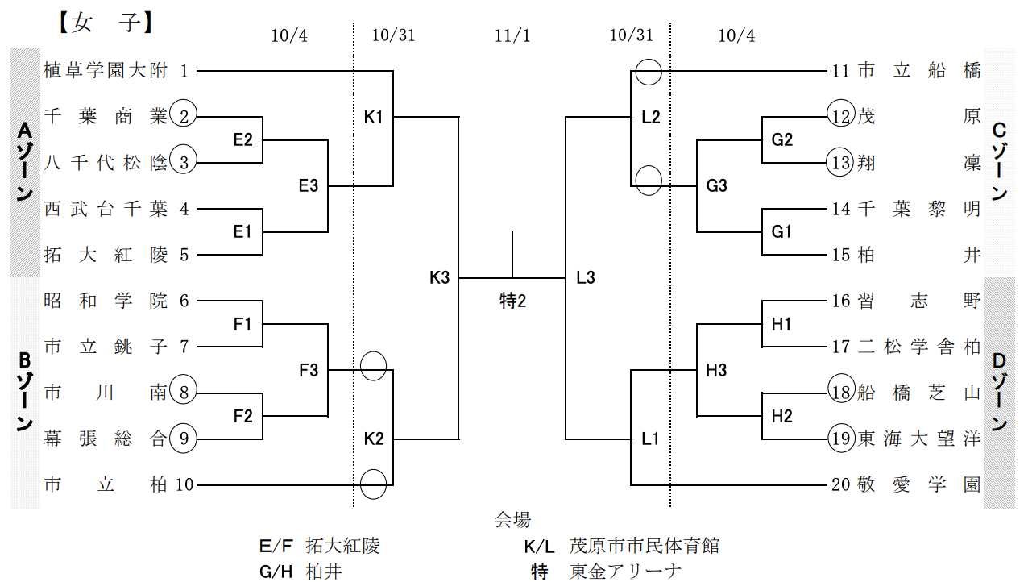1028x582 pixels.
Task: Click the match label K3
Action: tap(439, 277)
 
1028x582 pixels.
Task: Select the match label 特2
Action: tap(512, 301)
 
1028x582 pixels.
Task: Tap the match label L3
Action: tap(586, 277)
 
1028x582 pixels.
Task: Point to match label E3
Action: tap(308, 185)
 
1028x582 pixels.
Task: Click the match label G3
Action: tap(716, 185)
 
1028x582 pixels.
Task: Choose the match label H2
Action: tap(781, 416)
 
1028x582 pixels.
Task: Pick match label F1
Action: tap(242, 324)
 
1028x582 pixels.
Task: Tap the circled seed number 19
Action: tap(841, 438)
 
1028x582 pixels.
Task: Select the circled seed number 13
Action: tap(841, 163)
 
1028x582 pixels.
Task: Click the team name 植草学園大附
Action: tap(106, 71)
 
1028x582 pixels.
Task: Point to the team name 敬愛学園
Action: tap(919, 484)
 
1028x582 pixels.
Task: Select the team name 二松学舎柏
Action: tap(919, 347)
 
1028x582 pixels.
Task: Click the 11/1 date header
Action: tap(512, 35)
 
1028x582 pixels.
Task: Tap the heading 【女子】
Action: tap(106, 23)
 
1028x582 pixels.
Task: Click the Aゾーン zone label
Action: tap(25, 162)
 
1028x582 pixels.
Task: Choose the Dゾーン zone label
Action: tap(999, 393)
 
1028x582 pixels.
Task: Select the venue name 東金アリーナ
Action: tap(625, 571)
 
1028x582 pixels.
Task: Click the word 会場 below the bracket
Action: tap(512, 520)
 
